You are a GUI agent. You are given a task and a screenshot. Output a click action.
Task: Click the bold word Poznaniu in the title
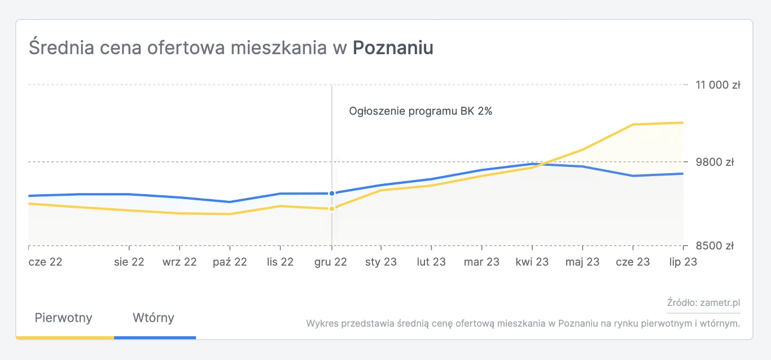click(393, 48)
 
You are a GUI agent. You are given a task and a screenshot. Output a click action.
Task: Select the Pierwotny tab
click(63, 318)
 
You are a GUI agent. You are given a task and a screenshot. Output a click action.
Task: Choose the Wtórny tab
click(154, 318)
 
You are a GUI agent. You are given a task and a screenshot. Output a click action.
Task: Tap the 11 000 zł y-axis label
click(717, 85)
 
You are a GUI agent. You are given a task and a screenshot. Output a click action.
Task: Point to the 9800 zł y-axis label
click(714, 163)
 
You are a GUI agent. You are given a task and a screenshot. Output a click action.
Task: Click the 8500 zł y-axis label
click(714, 246)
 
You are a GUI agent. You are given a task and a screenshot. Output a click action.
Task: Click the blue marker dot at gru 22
click(332, 194)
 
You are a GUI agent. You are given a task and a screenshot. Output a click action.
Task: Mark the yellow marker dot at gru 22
click(332, 209)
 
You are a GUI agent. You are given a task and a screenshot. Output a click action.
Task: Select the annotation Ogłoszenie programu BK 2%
click(420, 111)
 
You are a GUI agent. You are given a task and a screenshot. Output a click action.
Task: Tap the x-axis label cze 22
click(45, 262)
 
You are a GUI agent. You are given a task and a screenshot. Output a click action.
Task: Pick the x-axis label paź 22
click(229, 262)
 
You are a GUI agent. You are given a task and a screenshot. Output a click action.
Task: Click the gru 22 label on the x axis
click(330, 262)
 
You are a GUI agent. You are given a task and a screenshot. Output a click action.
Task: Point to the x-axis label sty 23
click(380, 262)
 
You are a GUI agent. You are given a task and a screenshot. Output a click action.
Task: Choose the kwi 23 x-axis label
click(532, 262)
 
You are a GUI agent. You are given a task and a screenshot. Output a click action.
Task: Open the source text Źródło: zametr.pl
click(703, 303)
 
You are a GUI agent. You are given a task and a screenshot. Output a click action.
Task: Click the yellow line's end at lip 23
click(683, 122)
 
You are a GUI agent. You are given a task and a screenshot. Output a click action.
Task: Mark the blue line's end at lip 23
click(683, 174)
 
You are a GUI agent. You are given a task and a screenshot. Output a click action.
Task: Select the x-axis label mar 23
click(481, 262)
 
